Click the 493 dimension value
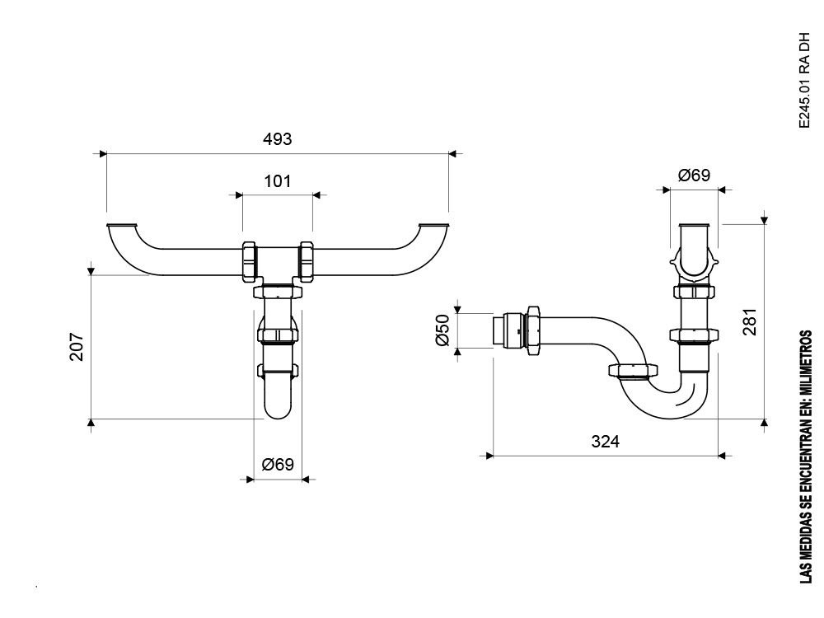click(277, 138)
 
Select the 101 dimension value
click(277, 180)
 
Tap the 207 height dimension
click(77, 347)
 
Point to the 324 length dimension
click(606, 441)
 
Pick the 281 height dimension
click(750, 321)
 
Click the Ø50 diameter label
click(443, 330)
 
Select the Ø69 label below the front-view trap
click(278, 465)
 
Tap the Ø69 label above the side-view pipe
click(694, 175)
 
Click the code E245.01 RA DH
click(804, 81)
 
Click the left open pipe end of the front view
click(122, 226)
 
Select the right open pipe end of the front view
click(434, 226)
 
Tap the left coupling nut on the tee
click(250, 260)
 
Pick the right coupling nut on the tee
click(306, 260)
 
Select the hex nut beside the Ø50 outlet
click(533, 330)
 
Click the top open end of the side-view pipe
click(695, 225)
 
